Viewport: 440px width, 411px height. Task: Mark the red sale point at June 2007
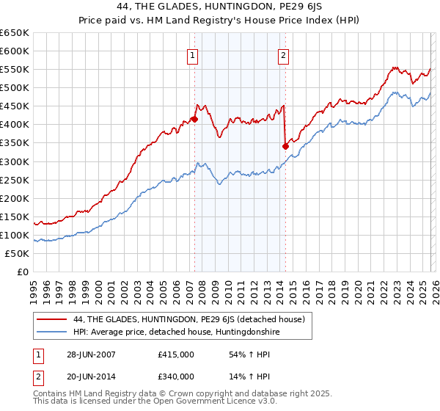coord(194,118)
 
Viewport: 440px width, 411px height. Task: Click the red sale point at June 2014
coord(285,146)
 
